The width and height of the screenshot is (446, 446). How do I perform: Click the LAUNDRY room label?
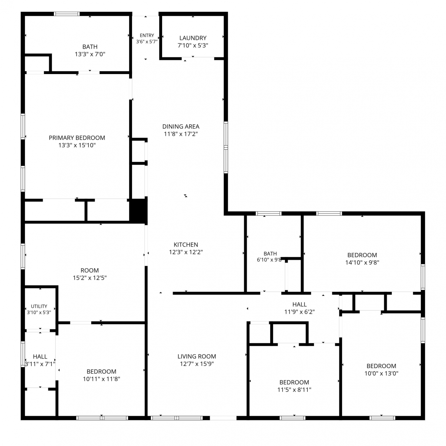click(x=193, y=38)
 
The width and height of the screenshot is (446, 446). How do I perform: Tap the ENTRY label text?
click(x=147, y=35)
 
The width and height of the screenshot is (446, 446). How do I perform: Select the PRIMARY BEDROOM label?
click(x=77, y=138)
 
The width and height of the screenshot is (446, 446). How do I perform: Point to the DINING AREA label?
click(x=181, y=127)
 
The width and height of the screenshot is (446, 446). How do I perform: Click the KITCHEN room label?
click(x=186, y=245)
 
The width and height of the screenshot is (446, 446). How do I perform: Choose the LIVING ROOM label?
click(x=197, y=357)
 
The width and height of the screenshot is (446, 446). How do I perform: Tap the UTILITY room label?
click(x=39, y=306)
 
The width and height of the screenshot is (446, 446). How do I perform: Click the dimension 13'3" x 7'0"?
click(x=90, y=54)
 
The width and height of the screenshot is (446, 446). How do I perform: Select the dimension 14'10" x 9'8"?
click(x=362, y=263)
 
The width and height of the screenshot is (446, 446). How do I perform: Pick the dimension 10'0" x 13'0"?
click(x=381, y=373)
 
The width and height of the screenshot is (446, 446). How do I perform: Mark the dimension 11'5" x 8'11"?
click(x=294, y=390)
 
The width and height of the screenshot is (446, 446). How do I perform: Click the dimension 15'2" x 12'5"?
click(x=90, y=278)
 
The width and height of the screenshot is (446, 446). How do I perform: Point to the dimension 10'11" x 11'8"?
click(x=101, y=379)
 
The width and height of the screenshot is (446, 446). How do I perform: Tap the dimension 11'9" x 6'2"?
click(x=299, y=312)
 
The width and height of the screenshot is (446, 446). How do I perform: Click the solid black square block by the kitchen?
click(x=138, y=211)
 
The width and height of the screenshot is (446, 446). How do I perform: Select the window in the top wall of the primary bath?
click(x=67, y=14)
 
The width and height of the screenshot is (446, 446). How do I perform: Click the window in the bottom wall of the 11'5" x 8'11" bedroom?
click(x=293, y=418)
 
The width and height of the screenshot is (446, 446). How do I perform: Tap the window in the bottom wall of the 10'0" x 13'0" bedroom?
click(x=382, y=418)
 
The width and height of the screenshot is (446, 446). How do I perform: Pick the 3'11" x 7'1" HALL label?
click(x=40, y=357)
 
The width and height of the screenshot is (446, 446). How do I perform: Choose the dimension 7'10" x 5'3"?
click(x=193, y=45)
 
